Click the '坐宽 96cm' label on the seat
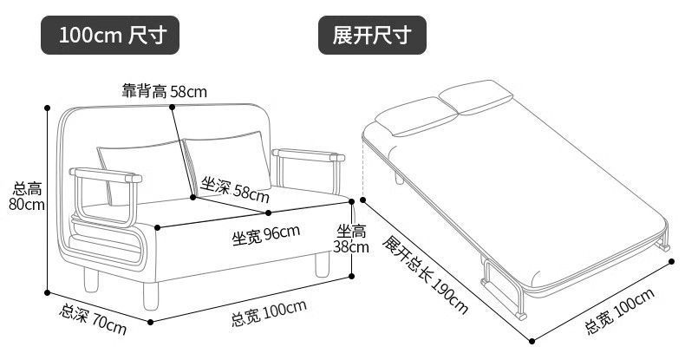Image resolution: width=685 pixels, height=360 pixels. (x=265, y=234)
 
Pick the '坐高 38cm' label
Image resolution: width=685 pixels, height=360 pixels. (x=352, y=238)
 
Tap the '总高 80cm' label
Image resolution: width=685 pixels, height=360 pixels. (x=27, y=196)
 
